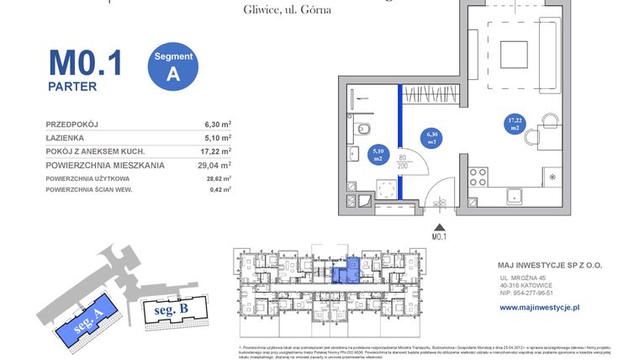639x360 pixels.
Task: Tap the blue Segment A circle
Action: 173,66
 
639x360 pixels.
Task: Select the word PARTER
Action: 72,86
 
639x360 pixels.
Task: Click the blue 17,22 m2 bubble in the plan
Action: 514,124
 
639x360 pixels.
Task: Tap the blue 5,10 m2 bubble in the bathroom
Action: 378,154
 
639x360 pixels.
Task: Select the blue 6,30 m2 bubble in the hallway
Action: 432,137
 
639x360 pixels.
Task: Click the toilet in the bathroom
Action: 362,129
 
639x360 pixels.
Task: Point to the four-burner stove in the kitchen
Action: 478,177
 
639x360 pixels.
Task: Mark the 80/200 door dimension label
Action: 403,161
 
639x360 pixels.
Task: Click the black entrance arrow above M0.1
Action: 436,226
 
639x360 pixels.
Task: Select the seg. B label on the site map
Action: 172,310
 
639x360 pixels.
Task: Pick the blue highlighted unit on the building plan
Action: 346,272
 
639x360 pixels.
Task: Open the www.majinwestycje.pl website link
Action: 540,308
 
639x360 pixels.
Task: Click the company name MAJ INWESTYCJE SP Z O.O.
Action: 551,264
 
